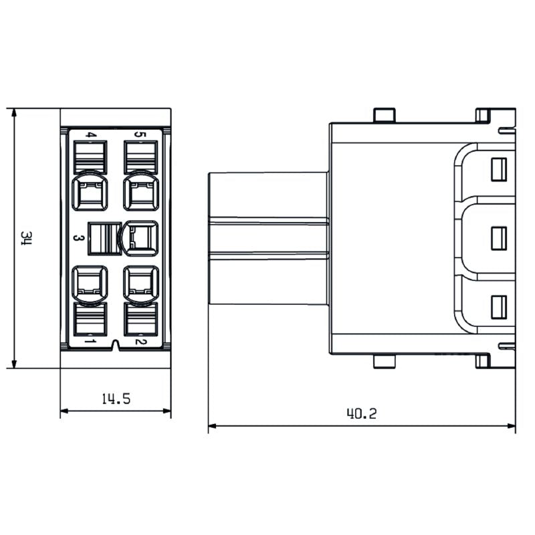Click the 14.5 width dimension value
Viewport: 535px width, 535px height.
[115, 399]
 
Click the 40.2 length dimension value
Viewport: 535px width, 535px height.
[361, 413]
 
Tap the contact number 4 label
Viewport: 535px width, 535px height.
[90, 135]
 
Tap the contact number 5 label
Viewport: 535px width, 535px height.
[140, 134]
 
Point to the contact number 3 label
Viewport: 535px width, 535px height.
[78, 238]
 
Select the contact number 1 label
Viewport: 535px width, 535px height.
[90, 342]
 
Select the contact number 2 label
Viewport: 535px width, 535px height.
[140, 342]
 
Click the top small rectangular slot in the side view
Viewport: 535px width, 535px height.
[498, 170]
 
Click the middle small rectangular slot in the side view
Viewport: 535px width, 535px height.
[498, 238]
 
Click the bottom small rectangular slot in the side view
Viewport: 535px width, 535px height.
[498, 306]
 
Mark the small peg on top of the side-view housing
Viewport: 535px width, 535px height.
[384, 115]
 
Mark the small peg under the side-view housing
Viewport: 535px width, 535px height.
[384, 362]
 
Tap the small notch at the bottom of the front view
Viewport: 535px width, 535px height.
[116, 345]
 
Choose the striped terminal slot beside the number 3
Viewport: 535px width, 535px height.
[103, 238]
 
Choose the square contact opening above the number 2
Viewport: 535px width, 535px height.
[141, 283]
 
